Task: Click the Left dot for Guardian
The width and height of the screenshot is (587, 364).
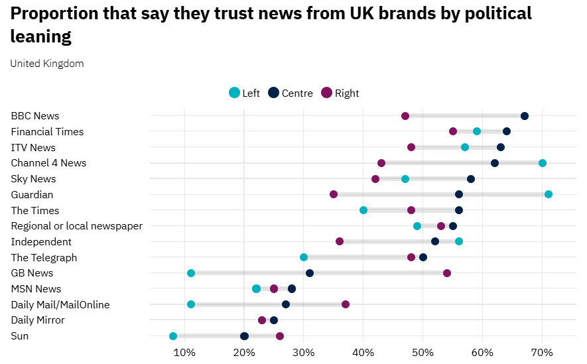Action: coord(549,194)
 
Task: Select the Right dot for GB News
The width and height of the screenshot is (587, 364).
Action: coord(447,273)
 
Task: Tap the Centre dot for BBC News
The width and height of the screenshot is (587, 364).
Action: coord(525,116)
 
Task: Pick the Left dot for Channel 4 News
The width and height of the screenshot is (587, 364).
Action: coord(543,163)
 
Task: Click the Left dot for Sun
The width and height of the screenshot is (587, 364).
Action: coord(173,336)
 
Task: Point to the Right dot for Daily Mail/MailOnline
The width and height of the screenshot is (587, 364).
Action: coord(346,304)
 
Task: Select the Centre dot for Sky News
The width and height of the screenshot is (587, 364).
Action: coord(471,179)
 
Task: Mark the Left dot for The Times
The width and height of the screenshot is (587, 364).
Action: coord(363,210)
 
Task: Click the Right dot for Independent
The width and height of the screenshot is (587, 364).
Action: coord(340,241)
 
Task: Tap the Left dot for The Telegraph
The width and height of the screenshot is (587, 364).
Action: coord(304,257)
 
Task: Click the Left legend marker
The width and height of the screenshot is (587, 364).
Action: coord(234,93)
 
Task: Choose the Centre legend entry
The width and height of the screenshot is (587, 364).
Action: coord(290,93)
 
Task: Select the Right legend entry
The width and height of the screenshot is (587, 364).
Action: coord(340,93)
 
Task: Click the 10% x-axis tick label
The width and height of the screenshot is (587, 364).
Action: coord(184,350)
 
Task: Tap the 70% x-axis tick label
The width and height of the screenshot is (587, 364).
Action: coord(543,350)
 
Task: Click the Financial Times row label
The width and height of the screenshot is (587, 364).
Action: coord(47,132)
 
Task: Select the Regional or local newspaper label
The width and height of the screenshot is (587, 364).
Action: coord(77,226)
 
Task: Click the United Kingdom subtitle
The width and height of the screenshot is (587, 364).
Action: coord(47,64)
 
